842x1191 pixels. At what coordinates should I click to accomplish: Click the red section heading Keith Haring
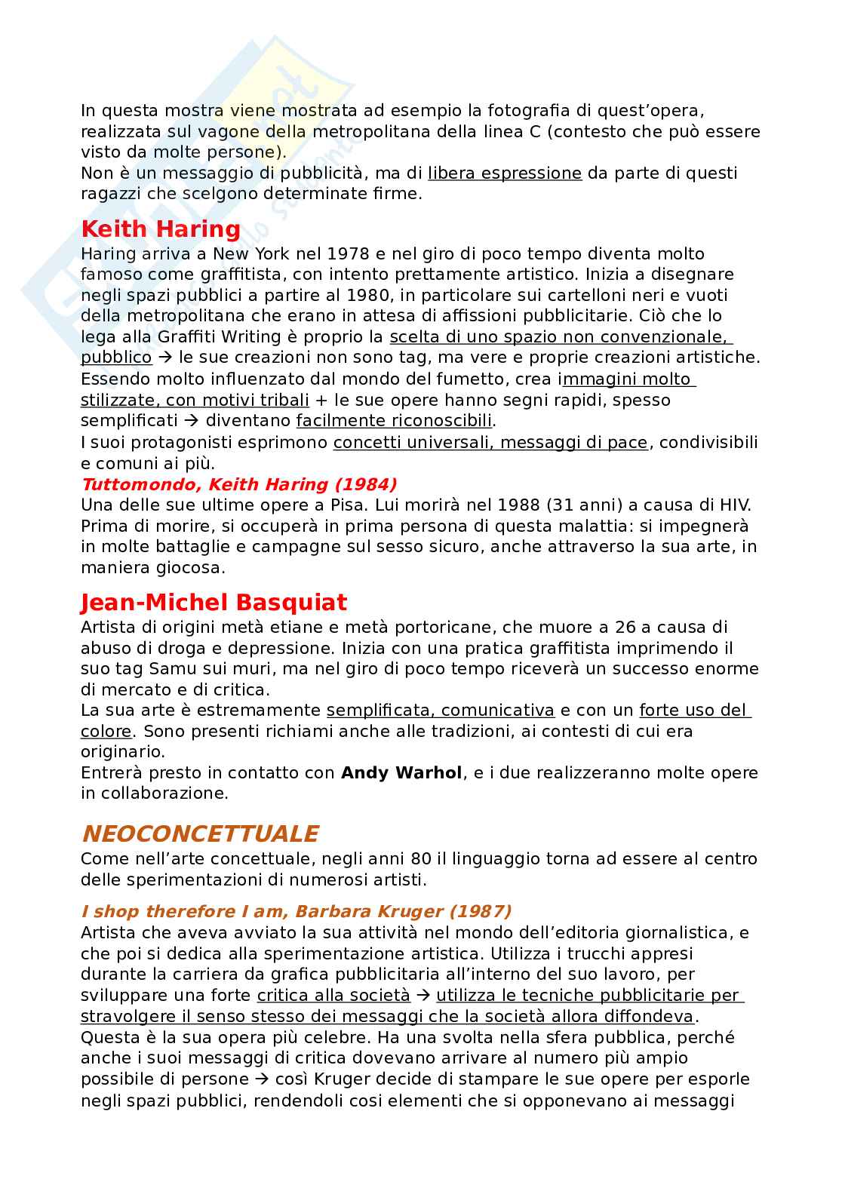click(x=160, y=229)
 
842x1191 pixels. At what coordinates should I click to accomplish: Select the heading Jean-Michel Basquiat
click(x=214, y=602)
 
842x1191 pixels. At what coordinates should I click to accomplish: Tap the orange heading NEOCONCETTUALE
click(x=199, y=833)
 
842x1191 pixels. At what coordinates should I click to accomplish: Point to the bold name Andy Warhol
click(x=401, y=772)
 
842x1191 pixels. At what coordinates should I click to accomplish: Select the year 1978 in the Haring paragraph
click(x=352, y=253)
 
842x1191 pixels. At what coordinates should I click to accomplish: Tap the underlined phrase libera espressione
click(x=505, y=173)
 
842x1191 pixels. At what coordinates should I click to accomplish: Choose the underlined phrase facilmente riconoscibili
click(x=394, y=421)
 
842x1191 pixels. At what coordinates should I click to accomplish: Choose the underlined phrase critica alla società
click(x=333, y=996)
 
